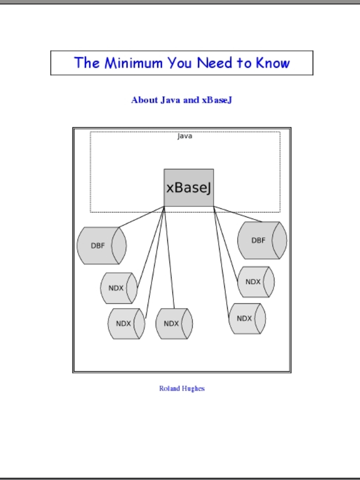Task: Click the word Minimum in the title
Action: [133, 63]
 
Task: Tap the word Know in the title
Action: [273, 63]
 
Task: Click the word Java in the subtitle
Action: [170, 100]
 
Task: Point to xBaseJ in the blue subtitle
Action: [217, 100]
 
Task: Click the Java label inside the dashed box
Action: [185, 136]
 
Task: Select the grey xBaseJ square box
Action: [189, 188]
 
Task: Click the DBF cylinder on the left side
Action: [102, 245]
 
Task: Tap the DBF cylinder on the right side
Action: [262, 240]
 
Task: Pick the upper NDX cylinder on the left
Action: [119, 288]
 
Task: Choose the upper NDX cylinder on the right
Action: [255, 282]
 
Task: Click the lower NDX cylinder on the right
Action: [247, 319]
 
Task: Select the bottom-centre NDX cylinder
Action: [174, 324]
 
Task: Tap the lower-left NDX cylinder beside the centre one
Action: [126, 324]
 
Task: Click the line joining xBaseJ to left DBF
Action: [141, 217]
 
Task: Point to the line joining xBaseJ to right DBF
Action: [238, 214]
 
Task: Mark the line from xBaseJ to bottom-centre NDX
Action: [169, 258]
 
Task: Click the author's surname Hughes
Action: [193, 389]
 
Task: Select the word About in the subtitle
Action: [145, 100]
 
